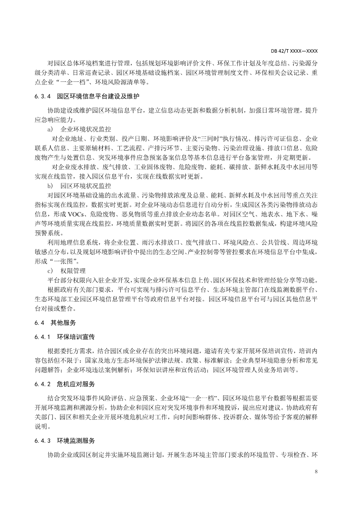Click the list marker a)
click(50, 129)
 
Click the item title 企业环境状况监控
click(87, 129)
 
